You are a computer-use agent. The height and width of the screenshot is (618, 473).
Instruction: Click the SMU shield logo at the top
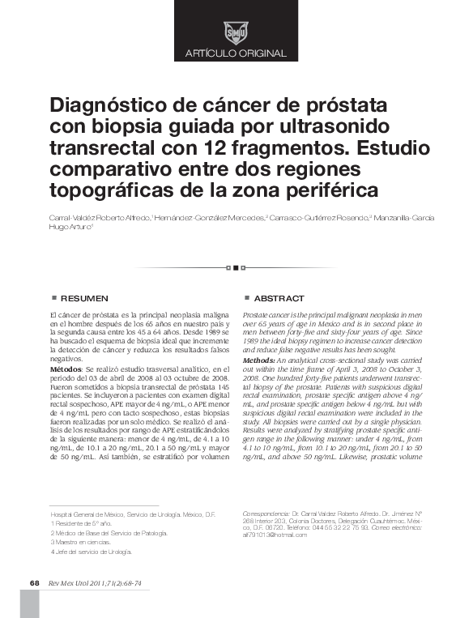point(236,32)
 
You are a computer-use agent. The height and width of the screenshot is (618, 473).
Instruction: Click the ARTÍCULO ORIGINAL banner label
point(236,53)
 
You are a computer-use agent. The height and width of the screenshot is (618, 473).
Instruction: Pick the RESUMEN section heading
point(84,299)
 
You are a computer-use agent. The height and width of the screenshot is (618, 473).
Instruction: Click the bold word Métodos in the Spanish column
point(66,369)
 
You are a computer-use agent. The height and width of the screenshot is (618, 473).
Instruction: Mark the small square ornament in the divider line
point(236,266)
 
